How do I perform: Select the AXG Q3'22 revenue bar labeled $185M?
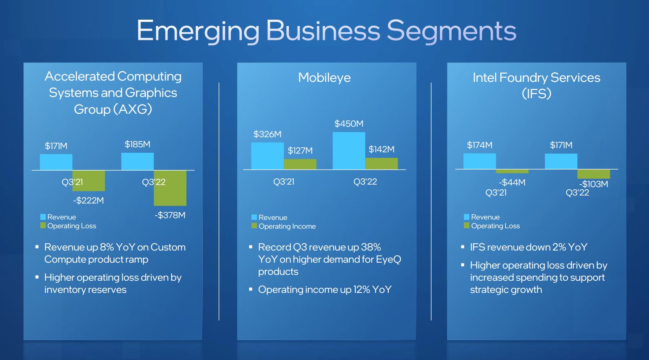tap(137, 161)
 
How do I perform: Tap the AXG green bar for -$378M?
tap(170, 188)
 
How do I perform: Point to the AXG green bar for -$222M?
tap(89, 181)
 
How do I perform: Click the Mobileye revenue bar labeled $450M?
tap(349, 151)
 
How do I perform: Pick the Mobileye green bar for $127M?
tap(300, 164)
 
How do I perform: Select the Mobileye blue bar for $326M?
tap(267, 156)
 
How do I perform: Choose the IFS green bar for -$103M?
tap(594, 174)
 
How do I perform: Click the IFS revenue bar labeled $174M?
tap(479, 161)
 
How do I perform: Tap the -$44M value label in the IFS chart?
tap(512, 183)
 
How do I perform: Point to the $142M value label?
tap(382, 149)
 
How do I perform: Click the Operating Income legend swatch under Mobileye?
tap(254, 226)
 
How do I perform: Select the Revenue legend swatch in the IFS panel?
tap(466, 217)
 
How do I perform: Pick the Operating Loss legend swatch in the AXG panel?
tap(43, 225)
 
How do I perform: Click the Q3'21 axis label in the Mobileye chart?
tap(284, 182)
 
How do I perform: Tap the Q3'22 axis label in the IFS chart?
tap(578, 193)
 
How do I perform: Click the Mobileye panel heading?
tap(324, 78)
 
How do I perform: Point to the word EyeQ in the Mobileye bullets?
tap(389, 259)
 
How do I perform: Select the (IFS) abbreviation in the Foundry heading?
tap(536, 94)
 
